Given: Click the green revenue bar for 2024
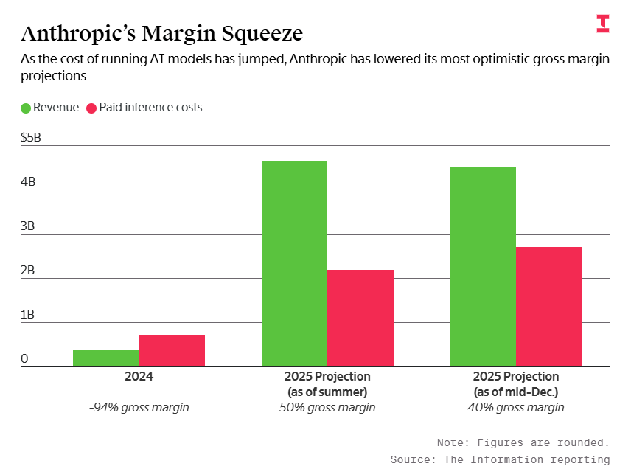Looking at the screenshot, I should click(x=106, y=358).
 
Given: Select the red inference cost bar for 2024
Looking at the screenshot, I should click(x=172, y=350).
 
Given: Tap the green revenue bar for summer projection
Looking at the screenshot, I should click(x=294, y=263).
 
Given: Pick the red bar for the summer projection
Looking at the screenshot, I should click(x=360, y=318).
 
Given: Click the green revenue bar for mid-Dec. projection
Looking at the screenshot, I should click(x=483, y=267).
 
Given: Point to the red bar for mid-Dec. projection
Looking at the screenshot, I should click(x=549, y=307).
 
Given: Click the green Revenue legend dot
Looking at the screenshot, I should click(x=26, y=108).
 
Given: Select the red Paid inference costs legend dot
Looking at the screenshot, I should click(x=92, y=108).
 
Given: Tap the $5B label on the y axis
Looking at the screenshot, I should click(x=31, y=137).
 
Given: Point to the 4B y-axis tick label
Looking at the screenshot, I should click(x=28, y=181).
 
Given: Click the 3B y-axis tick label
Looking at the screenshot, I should click(x=28, y=226).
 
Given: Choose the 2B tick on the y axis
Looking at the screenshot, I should click(x=28, y=270).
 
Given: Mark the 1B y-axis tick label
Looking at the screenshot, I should click(x=28, y=314).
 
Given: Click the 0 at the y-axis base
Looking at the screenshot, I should click(x=24, y=358).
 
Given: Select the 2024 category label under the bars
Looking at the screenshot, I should click(x=139, y=376).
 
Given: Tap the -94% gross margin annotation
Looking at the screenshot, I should click(x=139, y=407).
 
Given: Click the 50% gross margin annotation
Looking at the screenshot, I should click(x=327, y=407).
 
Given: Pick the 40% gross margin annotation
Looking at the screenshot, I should click(x=516, y=407).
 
